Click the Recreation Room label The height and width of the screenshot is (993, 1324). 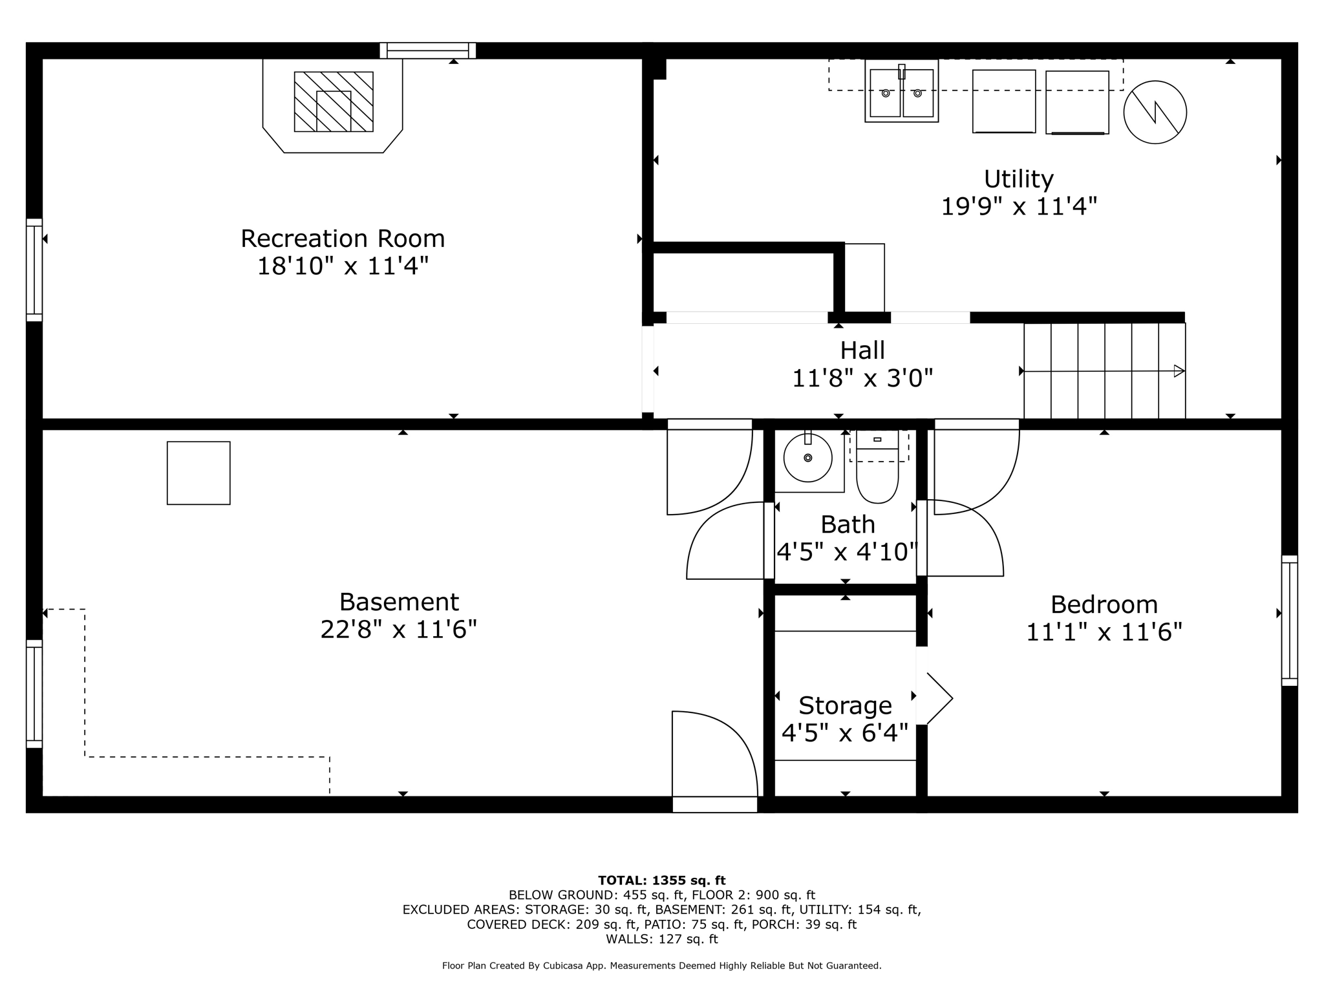point(343,239)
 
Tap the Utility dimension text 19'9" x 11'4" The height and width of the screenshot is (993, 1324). point(1019,207)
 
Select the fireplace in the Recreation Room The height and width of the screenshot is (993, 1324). point(334,102)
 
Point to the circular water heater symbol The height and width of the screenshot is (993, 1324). point(1155,112)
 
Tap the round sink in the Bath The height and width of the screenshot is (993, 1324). point(807,458)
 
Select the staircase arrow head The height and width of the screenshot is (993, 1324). point(1179,371)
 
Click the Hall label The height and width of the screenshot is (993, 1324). point(862,350)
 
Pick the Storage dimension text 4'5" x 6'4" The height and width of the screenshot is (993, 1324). point(845,733)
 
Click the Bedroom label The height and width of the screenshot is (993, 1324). point(1104,604)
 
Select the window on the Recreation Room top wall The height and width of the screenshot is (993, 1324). point(428,50)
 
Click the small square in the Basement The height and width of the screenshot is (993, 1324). point(198,473)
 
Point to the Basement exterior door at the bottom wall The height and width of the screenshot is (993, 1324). point(714,805)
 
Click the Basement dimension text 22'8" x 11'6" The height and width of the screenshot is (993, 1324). point(398,629)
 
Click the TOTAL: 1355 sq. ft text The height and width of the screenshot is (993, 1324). point(661,881)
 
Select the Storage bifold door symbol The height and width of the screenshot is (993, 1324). point(939,698)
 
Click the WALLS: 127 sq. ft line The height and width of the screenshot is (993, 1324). point(661,939)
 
